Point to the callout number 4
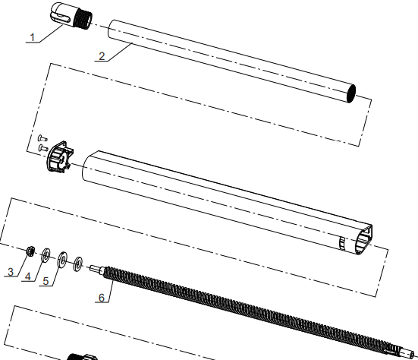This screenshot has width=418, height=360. tap(28, 277)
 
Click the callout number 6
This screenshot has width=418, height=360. tap(100, 297)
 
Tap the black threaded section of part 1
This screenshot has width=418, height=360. tap(84, 19)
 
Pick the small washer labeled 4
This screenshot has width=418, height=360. tap(46, 254)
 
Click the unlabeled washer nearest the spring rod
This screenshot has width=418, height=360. tap(77, 264)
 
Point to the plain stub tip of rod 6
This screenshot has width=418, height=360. tap(94, 267)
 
